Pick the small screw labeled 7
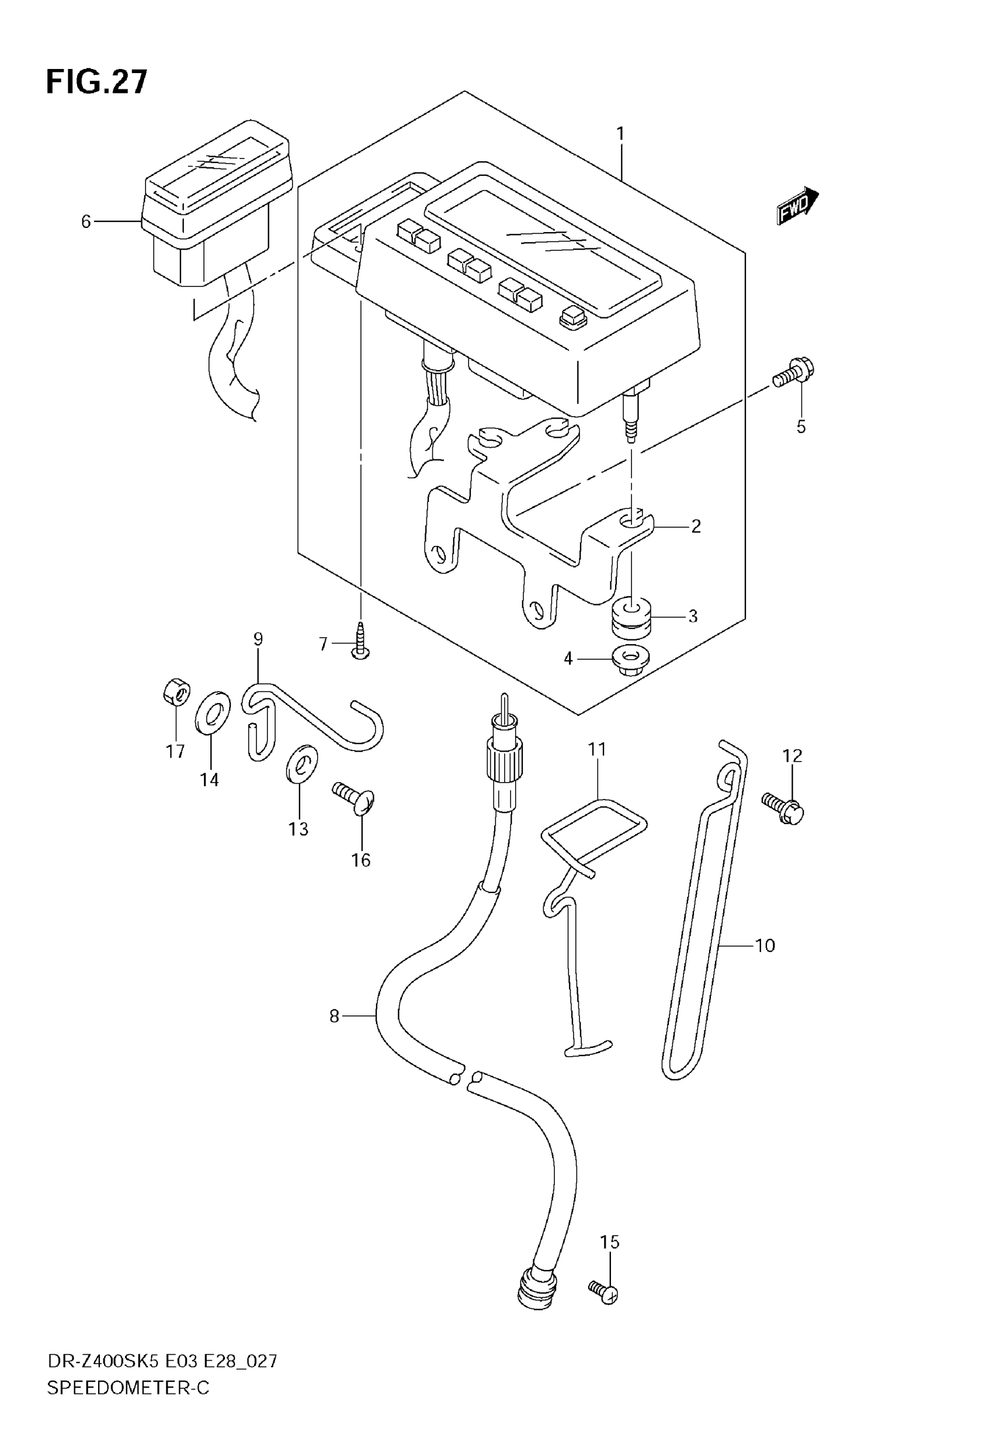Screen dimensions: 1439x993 [361, 641]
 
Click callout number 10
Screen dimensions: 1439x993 [765, 946]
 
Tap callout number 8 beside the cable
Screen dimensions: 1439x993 [334, 1016]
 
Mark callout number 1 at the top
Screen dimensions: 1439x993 [620, 134]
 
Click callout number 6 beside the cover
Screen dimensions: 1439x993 [86, 222]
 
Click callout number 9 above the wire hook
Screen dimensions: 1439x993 [258, 639]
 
